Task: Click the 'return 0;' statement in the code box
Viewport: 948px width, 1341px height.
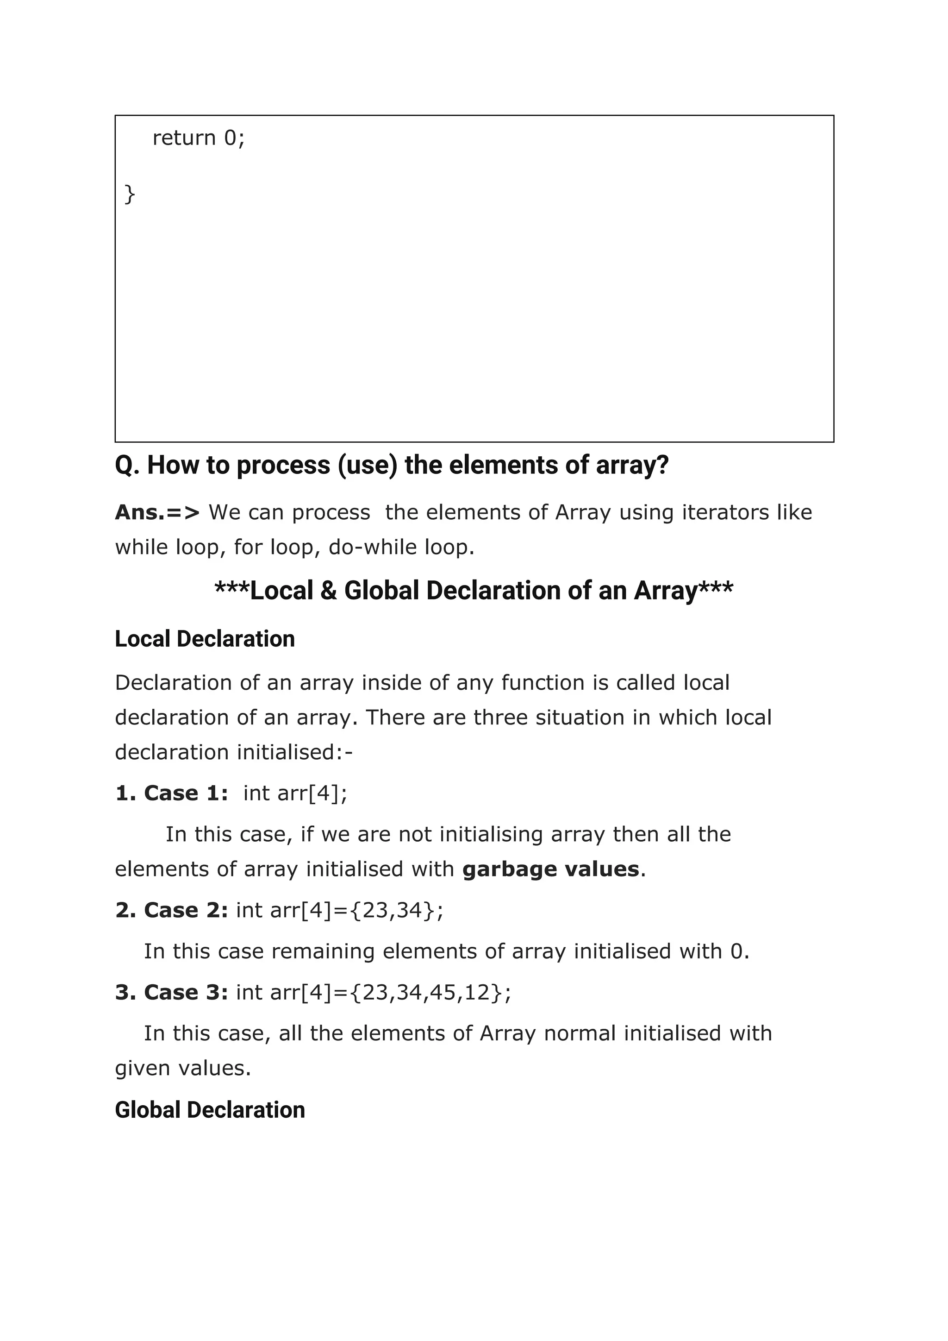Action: pos(199,138)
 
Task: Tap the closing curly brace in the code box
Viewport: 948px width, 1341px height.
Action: pos(130,194)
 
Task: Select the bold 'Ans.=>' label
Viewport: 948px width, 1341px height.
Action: pos(157,512)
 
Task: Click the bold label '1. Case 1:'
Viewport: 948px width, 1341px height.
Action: pos(172,793)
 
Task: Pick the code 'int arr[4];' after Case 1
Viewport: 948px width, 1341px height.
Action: pos(295,793)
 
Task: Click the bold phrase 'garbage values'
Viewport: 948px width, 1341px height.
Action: pos(550,869)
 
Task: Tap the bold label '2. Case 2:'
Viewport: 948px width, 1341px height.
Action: pos(172,910)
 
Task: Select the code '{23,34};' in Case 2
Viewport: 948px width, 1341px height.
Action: pos(397,910)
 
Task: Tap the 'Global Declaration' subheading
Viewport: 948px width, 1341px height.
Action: pos(210,1110)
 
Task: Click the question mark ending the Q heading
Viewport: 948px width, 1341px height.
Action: pos(662,465)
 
